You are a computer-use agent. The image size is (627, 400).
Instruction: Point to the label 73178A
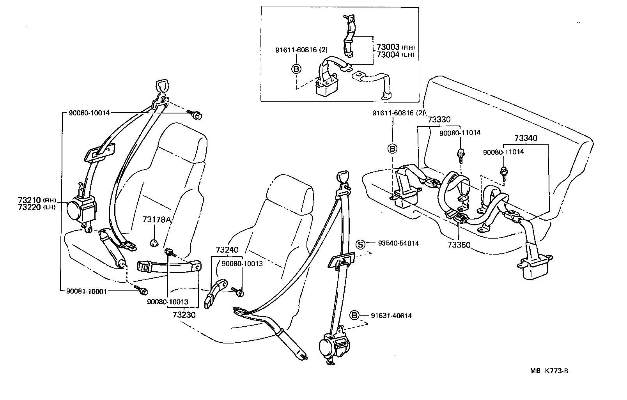(x=157, y=220)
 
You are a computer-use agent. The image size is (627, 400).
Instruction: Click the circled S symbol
(x=361, y=244)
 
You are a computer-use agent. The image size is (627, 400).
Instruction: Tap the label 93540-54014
(x=398, y=243)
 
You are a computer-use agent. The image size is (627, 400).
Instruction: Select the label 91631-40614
(x=391, y=316)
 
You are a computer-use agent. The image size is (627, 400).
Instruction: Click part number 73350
(x=459, y=245)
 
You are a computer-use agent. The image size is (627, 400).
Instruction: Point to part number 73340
(x=525, y=138)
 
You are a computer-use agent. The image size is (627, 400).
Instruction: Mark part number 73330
(x=439, y=120)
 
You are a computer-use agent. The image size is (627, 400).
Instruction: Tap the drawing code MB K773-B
(x=549, y=371)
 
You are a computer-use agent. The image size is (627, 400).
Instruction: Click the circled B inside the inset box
(x=296, y=69)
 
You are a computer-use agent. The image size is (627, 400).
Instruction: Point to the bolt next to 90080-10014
(x=197, y=115)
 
